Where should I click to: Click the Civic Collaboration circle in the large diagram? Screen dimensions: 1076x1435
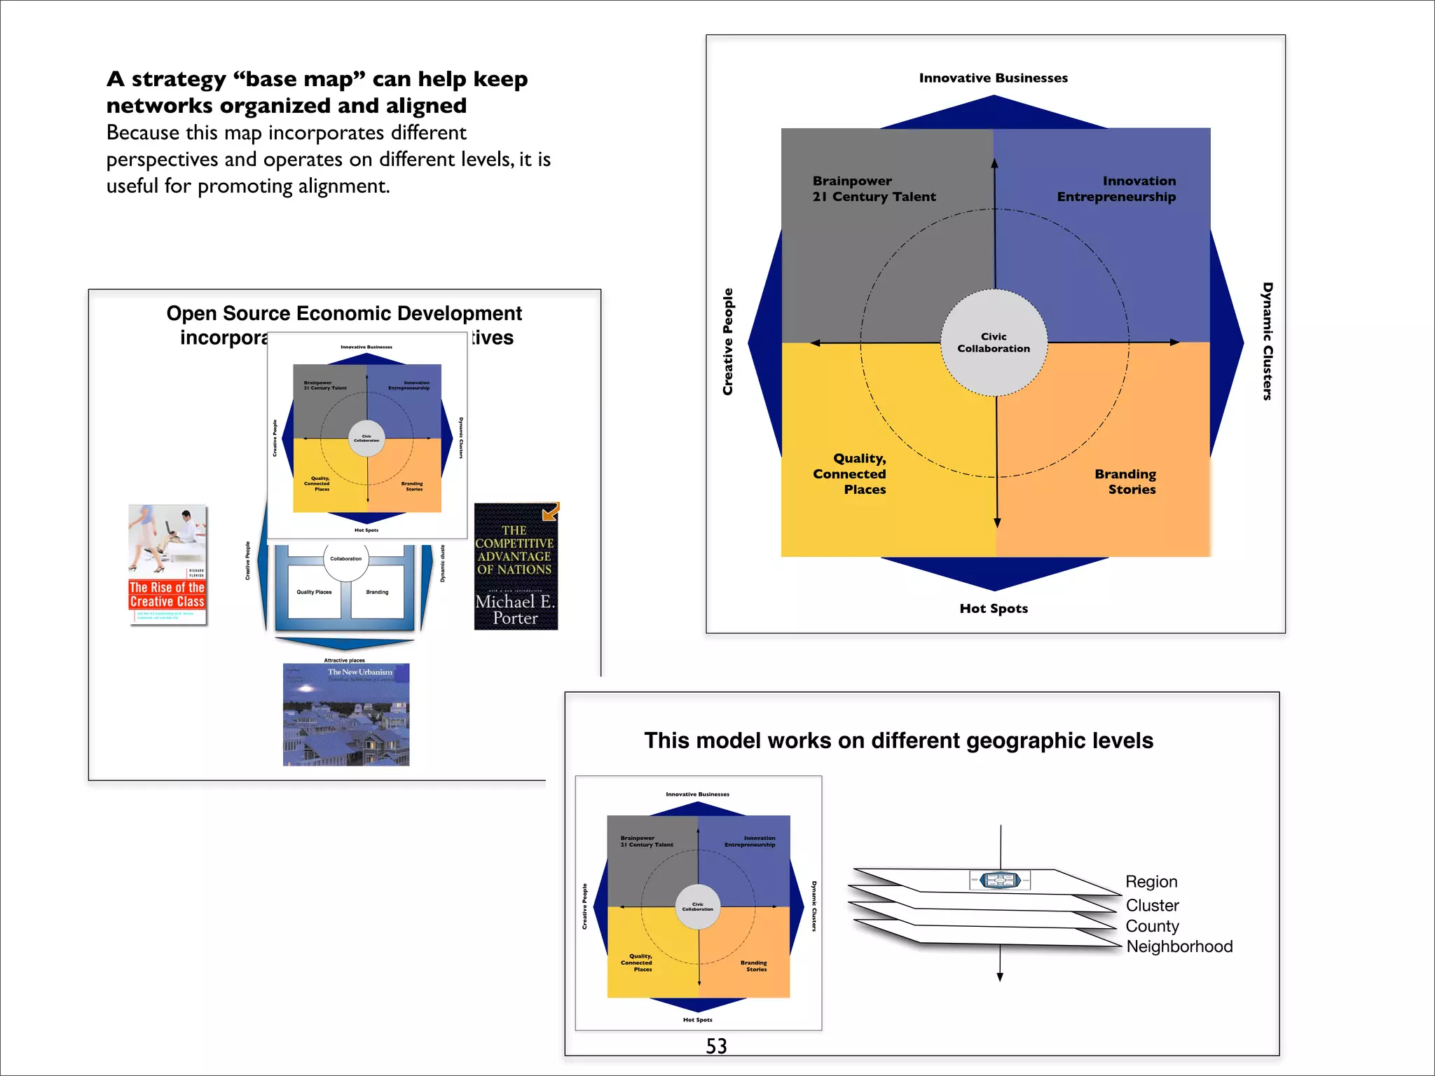(994, 343)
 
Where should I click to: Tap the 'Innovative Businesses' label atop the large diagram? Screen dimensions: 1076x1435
(993, 78)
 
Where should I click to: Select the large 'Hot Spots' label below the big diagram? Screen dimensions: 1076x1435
(994, 608)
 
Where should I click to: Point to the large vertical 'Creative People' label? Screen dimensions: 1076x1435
(728, 341)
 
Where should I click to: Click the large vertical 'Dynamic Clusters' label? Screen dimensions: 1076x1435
(1267, 341)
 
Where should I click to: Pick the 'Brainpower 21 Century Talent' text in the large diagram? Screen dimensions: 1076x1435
(874, 188)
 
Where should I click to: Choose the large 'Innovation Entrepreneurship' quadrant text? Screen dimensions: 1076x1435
(1116, 188)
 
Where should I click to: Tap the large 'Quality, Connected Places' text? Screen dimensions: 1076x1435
(850, 474)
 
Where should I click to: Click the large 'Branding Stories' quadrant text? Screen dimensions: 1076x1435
(1125, 481)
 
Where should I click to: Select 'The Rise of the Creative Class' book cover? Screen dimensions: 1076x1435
(167, 564)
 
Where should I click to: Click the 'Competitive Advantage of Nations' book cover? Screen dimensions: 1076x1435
(516, 566)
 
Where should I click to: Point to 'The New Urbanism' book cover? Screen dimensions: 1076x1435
(346, 715)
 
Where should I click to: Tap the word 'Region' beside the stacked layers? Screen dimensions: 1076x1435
(1151, 881)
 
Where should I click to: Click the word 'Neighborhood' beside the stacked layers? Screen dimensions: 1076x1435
(1179, 946)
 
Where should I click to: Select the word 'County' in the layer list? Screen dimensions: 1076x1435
(1152, 926)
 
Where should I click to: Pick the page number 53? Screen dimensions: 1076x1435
(716, 1046)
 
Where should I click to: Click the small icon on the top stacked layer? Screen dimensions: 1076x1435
(1000, 880)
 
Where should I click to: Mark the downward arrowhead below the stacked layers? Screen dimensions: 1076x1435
(1000, 977)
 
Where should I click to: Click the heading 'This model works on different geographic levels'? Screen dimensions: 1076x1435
(898, 740)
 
